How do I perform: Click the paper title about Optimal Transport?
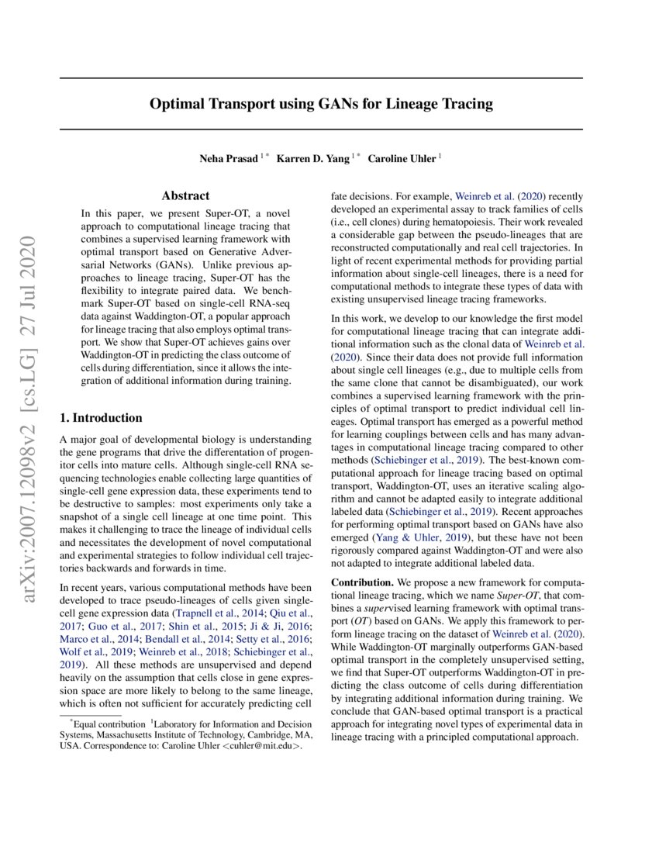pyautogui.click(x=321, y=103)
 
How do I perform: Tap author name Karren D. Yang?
pyautogui.click(x=313, y=158)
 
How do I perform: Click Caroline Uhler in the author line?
pyautogui.click(x=402, y=158)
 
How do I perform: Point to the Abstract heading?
pyautogui.click(x=185, y=196)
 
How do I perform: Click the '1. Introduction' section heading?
pyautogui.click(x=102, y=418)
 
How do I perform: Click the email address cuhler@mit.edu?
pyautogui.click(x=260, y=751)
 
